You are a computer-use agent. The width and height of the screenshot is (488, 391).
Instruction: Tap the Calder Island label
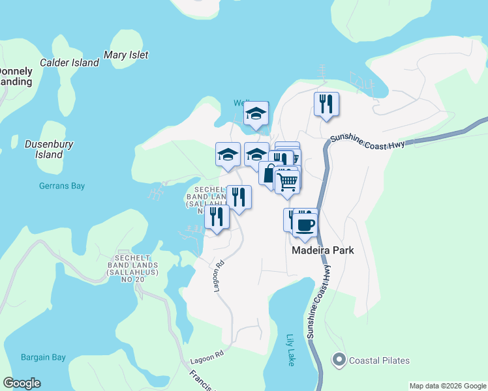pos(69,63)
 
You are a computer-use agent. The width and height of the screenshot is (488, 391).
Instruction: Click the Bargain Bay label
pos(43,357)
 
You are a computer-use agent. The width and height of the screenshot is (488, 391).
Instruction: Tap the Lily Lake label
pos(291,350)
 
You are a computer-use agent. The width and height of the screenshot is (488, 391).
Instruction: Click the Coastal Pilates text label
pos(379,360)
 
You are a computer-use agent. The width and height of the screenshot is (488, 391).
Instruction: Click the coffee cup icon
pos(305,225)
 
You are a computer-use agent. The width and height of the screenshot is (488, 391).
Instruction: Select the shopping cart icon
pos(287,180)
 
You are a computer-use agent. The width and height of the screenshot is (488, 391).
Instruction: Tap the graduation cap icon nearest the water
pos(256,113)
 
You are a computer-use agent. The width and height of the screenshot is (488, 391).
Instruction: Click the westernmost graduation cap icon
pos(228,154)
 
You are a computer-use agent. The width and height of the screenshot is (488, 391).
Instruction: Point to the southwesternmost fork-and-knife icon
pos(217,216)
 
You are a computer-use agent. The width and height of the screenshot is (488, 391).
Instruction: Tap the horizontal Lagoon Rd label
pos(207,356)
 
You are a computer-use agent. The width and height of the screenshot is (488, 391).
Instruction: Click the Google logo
pos(22,383)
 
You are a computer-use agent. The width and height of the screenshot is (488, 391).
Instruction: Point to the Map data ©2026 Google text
pos(447,386)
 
